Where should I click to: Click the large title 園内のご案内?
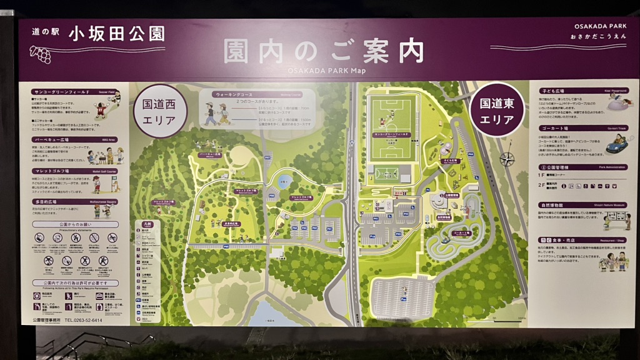[x=324, y=51]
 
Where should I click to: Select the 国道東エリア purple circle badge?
[x=497, y=111]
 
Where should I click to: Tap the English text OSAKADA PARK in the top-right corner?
[x=600, y=26]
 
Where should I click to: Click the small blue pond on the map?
[x=285, y=181]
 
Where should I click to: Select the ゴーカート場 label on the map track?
[x=455, y=232]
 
